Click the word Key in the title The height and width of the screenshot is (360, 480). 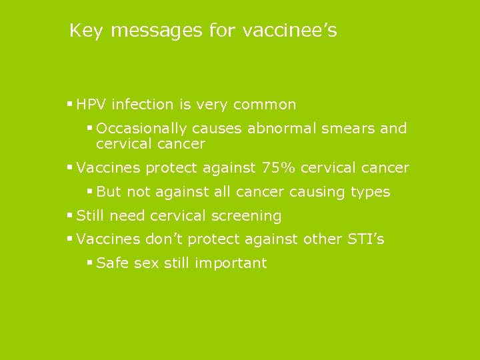(x=86, y=31)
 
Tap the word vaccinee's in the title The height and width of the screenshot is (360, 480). (x=290, y=31)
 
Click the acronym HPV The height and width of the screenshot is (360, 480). (x=92, y=105)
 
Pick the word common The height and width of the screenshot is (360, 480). (x=265, y=105)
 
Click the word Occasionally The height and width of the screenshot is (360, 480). (x=142, y=129)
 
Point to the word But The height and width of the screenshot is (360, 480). (x=109, y=192)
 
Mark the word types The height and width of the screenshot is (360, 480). (x=369, y=192)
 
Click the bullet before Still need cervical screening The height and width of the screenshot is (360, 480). (x=70, y=215)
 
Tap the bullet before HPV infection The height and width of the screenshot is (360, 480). (x=70, y=104)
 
